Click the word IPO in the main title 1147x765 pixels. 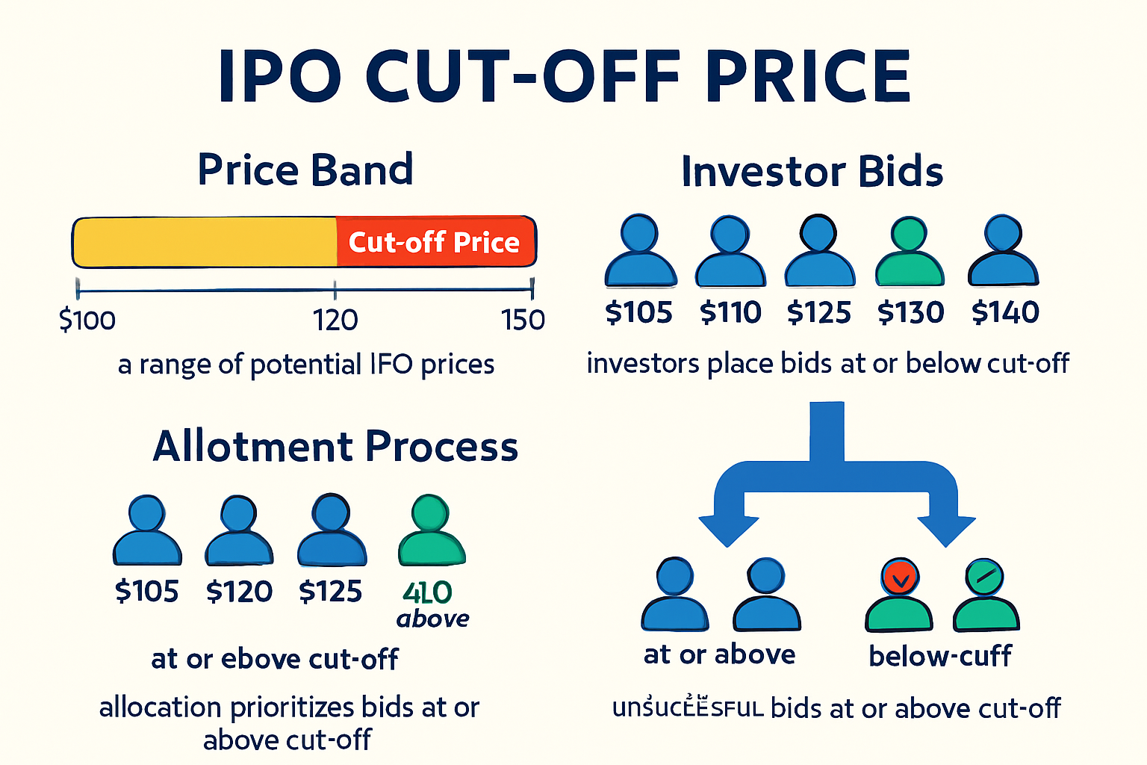pos(279,77)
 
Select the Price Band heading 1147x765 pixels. pos(305,170)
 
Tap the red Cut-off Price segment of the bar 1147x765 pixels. pos(435,242)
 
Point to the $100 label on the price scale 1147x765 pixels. pos(87,320)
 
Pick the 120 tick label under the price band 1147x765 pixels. pos(335,320)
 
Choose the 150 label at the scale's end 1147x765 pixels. pos(523,320)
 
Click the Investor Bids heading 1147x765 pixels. pos(812,172)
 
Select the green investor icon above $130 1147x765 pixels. pos(910,253)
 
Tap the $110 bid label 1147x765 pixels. pos(730,312)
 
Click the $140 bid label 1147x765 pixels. pos(1005,312)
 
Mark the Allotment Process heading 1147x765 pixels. pos(335,447)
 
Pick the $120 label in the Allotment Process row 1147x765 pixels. pos(239,592)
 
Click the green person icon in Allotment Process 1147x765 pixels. pos(432,531)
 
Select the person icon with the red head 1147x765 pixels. pos(899,595)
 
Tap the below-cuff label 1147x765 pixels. pos(939,656)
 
